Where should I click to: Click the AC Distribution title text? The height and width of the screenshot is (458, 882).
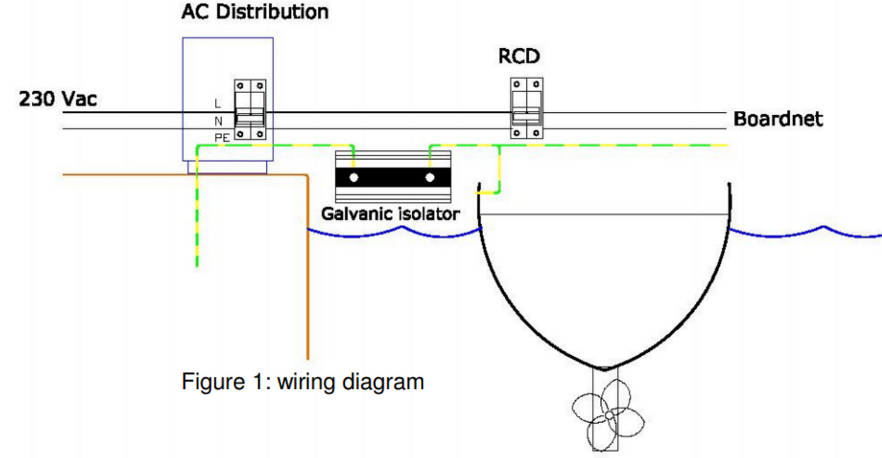point(255,12)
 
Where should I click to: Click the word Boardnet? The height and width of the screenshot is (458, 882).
point(778,118)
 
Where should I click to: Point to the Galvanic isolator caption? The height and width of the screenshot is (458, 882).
point(390,214)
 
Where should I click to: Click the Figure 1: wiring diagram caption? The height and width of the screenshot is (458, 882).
point(302,381)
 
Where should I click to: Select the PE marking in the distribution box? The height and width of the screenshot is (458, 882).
point(222,138)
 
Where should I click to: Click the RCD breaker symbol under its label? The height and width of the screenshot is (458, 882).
point(526,108)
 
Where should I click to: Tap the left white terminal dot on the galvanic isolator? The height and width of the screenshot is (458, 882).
point(353,178)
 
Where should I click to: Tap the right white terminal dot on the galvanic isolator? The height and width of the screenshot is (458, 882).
point(431,178)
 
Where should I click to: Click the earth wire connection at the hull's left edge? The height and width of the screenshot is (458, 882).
point(482,193)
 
